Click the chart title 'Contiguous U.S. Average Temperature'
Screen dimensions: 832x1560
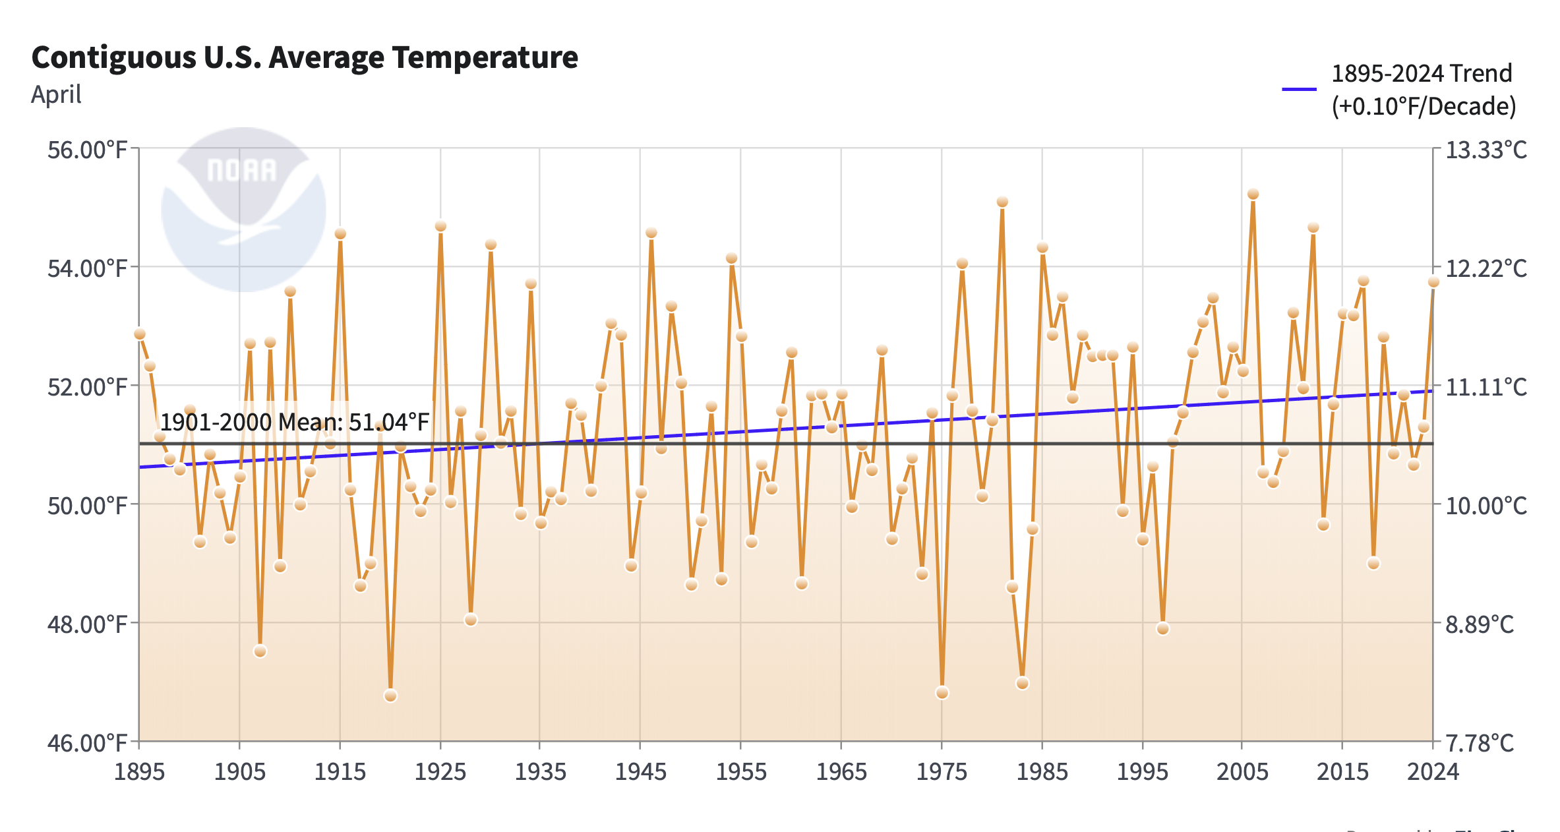pyautogui.click(x=305, y=57)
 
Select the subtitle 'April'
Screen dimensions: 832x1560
pyautogui.click(x=56, y=95)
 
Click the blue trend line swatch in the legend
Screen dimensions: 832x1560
pyautogui.click(x=1299, y=89)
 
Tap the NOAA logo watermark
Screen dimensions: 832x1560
pyautogui.click(x=243, y=209)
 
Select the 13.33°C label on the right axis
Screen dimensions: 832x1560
pyautogui.click(x=1486, y=150)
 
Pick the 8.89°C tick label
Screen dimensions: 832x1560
pyautogui.click(x=1480, y=624)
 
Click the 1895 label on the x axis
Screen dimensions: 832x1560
pyautogui.click(x=139, y=772)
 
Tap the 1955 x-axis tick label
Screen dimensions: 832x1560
pyautogui.click(x=741, y=772)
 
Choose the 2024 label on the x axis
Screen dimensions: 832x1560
pyautogui.click(x=1433, y=772)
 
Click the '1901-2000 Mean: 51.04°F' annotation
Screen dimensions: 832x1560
pyautogui.click(x=295, y=422)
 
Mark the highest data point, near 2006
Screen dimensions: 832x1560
pyautogui.click(x=1253, y=194)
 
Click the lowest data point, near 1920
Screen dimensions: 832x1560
pyautogui.click(x=390, y=696)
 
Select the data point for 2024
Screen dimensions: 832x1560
pyautogui.click(x=1433, y=282)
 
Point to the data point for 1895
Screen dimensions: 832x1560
pyautogui.click(x=140, y=334)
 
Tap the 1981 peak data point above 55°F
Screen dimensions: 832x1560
pyautogui.click(x=1002, y=202)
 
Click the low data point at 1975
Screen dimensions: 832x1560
pyautogui.click(x=942, y=693)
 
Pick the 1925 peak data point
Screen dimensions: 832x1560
pyautogui.click(x=440, y=226)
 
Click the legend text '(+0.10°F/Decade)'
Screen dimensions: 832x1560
pyautogui.click(x=1424, y=107)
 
